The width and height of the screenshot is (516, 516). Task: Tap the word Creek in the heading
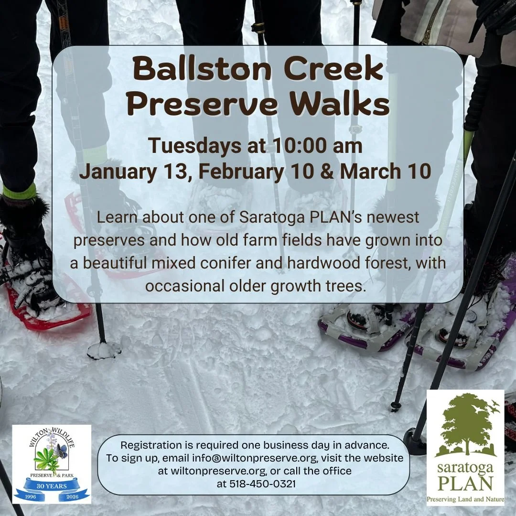tap(329, 71)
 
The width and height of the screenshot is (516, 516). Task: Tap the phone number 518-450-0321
tap(256, 484)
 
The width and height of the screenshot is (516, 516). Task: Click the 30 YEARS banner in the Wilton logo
tap(51, 486)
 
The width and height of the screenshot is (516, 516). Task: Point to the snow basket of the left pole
tap(103, 350)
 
